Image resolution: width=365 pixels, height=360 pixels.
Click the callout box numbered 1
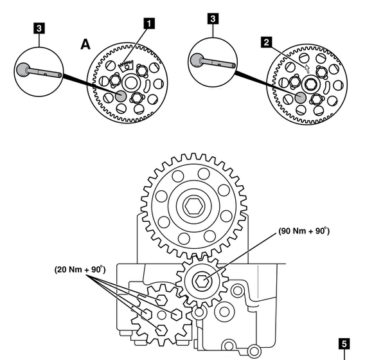point(150,24)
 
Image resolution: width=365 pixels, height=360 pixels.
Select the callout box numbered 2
point(267,42)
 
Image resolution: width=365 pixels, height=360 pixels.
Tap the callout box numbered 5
point(344,344)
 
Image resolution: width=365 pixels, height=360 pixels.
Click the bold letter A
point(85,44)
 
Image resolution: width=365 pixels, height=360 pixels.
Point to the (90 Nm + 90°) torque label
point(304,231)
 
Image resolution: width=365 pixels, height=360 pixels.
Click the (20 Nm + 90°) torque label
point(80,269)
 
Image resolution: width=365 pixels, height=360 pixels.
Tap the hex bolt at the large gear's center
point(193,206)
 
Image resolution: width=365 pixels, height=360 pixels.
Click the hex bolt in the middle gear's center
point(202,282)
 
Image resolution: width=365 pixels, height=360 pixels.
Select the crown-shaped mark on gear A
point(126,66)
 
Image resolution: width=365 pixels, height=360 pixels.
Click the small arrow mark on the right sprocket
point(307,68)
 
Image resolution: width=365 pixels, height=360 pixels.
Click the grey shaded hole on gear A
point(121,96)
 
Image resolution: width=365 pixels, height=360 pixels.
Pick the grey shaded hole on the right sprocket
point(300,97)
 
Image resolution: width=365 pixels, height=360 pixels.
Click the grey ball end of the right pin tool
point(197,60)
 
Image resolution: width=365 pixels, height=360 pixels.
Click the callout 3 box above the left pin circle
point(39,28)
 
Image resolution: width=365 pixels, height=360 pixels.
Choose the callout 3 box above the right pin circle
point(213,19)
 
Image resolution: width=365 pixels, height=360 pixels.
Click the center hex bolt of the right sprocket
point(310,84)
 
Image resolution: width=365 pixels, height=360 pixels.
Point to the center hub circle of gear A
point(131,83)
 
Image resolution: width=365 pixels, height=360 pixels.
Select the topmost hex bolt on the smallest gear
point(161,300)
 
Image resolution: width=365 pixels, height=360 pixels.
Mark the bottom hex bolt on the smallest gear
point(161,330)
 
